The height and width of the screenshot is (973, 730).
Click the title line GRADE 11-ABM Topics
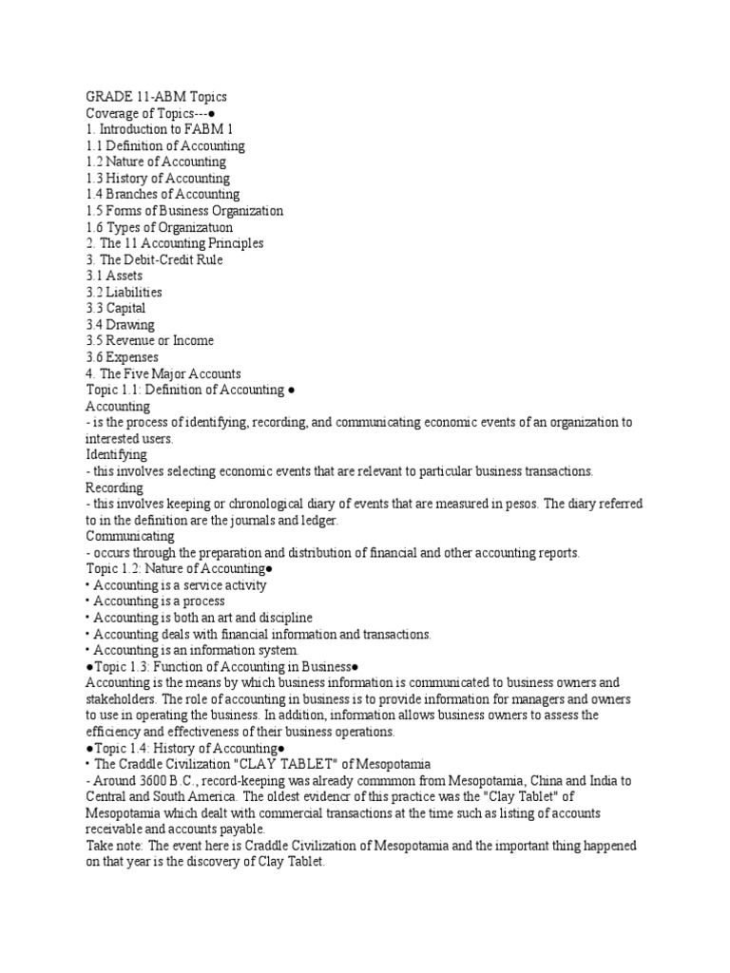[x=156, y=97]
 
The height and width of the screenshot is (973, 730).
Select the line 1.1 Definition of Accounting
[x=165, y=145]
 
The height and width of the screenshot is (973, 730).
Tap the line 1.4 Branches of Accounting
[x=163, y=194]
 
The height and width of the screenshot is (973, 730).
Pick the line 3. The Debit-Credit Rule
[x=154, y=259]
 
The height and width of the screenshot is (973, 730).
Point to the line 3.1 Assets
[x=114, y=276]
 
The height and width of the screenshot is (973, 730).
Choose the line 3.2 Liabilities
[x=124, y=292]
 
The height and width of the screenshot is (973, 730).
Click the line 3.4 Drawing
[x=120, y=324]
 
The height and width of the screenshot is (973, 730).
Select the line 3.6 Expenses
[x=123, y=356]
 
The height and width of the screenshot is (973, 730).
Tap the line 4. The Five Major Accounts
[x=163, y=373]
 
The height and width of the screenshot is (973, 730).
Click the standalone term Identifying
[x=116, y=454]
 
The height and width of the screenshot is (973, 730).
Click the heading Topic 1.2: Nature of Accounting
[x=180, y=568]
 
